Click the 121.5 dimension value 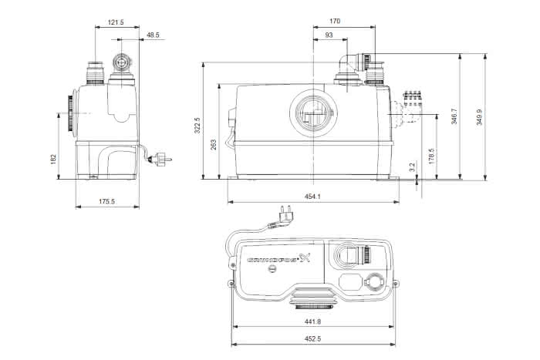pyautogui.click(x=116, y=22)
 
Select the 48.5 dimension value pyautogui.click(x=153, y=35)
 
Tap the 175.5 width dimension pyautogui.click(x=106, y=201)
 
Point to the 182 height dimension pyautogui.click(x=53, y=159)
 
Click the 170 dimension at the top pyautogui.click(x=335, y=21)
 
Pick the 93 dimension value pyautogui.click(x=329, y=35)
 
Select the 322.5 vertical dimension pyautogui.click(x=197, y=126)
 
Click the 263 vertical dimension pyautogui.click(x=214, y=145)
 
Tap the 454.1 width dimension pyautogui.click(x=312, y=197)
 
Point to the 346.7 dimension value pyautogui.click(x=454, y=116)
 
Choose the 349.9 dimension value pyautogui.click(x=479, y=117)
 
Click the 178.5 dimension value pyautogui.click(x=432, y=156)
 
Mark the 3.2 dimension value pyautogui.click(x=412, y=167)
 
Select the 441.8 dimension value pyautogui.click(x=312, y=321)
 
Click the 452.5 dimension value pyautogui.click(x=312, y=338)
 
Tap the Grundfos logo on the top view pyautogui.click(x=279, y=258)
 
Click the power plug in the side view pyautogui.click(x=160, y=160)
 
